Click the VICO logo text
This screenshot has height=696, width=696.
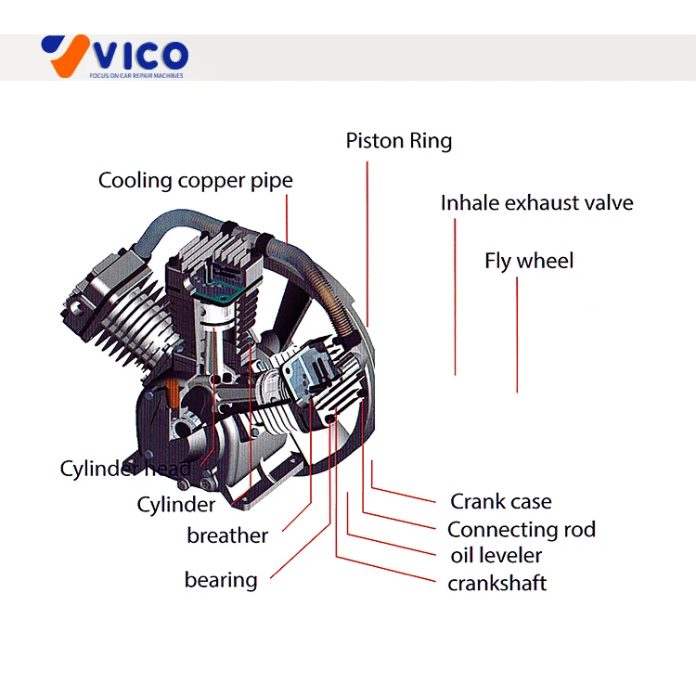[139, 54]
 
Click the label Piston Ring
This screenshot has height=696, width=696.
[399, 141]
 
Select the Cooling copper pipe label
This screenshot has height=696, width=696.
[195, 180]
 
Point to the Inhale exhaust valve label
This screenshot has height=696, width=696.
[536, 203]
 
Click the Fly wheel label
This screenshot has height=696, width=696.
[529, 261]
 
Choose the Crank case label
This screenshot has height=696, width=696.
[500, 502]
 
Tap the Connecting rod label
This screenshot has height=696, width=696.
[521, 530]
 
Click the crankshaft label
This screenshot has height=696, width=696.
[496, 583]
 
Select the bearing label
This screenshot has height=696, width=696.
[221, 580]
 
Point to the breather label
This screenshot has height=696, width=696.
[227, 535]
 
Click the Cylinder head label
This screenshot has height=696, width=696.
[125, 469]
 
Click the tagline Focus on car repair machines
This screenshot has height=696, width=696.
[136, 74]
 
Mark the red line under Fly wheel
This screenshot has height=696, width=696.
[517, 334]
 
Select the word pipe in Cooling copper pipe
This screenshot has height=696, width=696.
[272, 180]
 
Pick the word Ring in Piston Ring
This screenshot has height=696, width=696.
[432, 141]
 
